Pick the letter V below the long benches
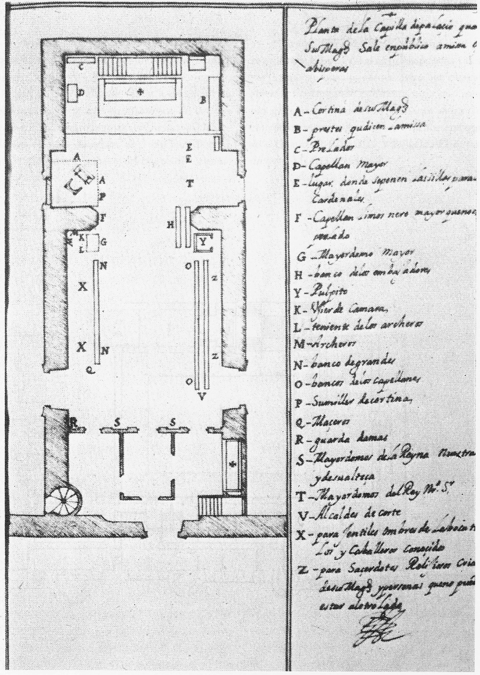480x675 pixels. coord(201,396)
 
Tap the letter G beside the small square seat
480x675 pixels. coord(104,243)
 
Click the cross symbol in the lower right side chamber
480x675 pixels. coord(231,464)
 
